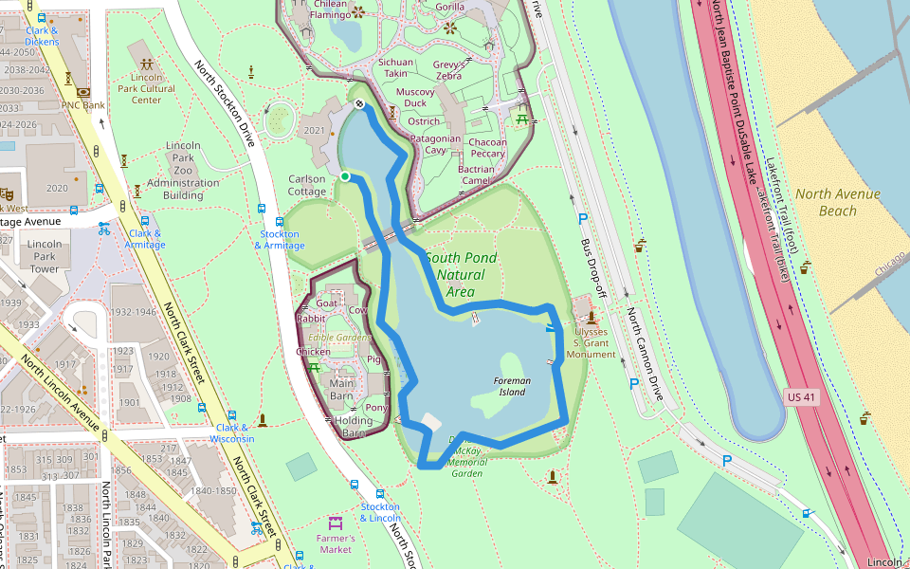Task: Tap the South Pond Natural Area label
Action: [x=461, y=274]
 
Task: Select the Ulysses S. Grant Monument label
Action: [x=591, y=343]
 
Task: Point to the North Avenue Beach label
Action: [x=837, y=202]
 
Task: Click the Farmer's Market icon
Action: [x=335, y=523]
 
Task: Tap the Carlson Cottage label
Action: [x=307, y=185]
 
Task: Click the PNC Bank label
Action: [x=82, y=105]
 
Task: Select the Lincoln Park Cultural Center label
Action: [x=147, y=87]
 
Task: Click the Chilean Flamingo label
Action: [x=330, y=9]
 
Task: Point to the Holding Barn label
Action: [x=354, y=427]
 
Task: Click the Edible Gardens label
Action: [x=339, y=338]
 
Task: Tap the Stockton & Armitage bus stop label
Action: [x=280, y=240]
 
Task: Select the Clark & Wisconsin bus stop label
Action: [x=232, y=432]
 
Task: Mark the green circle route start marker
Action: [x=345, y=176]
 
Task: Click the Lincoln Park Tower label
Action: [x=45, y=256]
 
